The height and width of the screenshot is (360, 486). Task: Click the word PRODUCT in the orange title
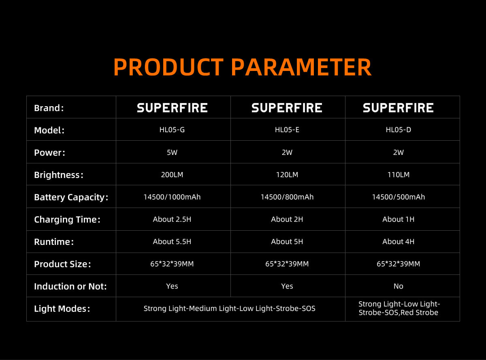pos(168,67)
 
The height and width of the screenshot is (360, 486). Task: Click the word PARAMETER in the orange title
pos(301,67)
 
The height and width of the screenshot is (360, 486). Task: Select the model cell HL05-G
pos(172,130)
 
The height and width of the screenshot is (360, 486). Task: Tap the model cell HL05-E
pos(287,130)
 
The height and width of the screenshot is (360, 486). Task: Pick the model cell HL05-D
pos(399,130)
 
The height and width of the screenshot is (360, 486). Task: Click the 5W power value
pos(172,152)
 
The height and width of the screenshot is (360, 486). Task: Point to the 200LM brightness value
pos(172,175)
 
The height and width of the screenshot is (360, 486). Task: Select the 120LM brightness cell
pos(287,175)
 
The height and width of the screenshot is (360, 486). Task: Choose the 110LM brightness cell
pos(399,175)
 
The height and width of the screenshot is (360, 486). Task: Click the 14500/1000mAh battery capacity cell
pos(172,197)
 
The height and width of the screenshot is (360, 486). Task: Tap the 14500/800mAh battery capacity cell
pos(287,197)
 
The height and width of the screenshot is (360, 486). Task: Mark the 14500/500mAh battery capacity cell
pos(399,197)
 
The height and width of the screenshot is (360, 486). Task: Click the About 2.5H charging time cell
pos(172,219)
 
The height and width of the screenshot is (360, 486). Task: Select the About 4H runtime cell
pos(399,242)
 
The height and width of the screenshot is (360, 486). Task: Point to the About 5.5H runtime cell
pos(172,242)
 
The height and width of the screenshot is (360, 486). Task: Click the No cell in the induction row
pos(399,286)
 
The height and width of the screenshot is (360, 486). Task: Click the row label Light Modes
pos(62,309)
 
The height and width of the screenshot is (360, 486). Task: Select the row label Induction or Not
pos(70,287)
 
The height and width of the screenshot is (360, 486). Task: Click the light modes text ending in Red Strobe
pos(399,309)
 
